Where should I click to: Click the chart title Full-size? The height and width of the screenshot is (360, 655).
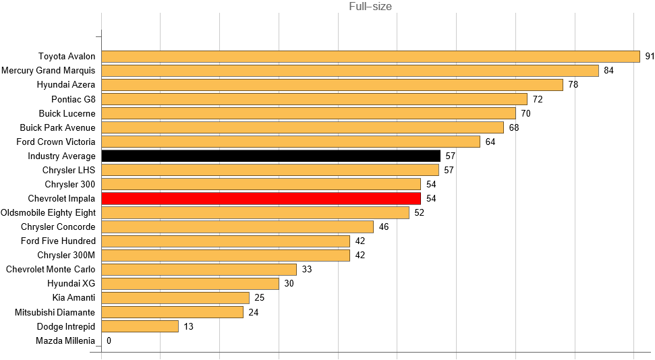click(370, 7)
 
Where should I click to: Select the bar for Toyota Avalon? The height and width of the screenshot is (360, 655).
click(370, 57)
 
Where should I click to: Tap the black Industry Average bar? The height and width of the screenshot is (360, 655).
click(270, 156)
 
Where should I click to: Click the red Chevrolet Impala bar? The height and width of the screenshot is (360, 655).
click(261, 198)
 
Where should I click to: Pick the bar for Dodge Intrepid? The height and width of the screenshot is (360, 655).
click(140, 326)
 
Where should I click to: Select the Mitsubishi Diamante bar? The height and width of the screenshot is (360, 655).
click(172, 312)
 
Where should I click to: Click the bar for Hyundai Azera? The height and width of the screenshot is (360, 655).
click(332, 85)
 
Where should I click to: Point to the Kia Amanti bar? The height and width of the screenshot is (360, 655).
click(175, 298)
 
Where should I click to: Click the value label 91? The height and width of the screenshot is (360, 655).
click(650, 57)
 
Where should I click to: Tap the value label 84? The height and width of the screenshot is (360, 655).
click(608, 71)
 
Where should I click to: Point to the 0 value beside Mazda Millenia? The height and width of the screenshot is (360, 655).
click(109, 340)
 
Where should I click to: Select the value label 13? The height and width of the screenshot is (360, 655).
click(188, 326)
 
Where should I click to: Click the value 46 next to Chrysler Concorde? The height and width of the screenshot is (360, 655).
click(383, 227)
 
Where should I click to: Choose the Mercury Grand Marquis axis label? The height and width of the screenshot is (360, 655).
click(49, 71)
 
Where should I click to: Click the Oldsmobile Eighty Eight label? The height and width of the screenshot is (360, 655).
click(49, 212)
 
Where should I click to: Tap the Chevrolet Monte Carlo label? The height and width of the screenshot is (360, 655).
click(51, 269)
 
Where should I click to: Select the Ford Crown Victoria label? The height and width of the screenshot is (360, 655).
click(56, 142)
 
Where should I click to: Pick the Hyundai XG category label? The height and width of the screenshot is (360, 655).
click(72, 283)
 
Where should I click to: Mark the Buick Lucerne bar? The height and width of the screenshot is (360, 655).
click(308, 113)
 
